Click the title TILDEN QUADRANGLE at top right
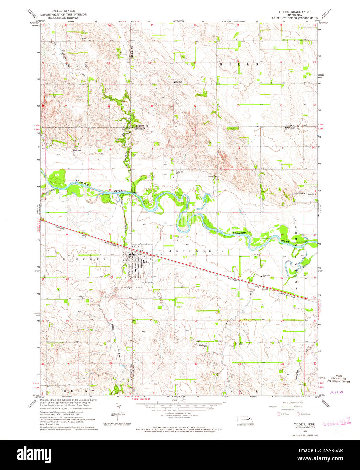[295, 11]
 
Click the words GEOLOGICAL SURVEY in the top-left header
[63, 18]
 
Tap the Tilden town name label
[146, 262]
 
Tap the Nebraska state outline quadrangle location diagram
[245, 419]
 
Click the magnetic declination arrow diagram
[120, 412]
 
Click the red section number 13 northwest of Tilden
[110, 234]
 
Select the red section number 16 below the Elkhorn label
[239, 237]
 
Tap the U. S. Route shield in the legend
[278, 414]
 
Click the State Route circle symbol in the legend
[298, 414]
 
